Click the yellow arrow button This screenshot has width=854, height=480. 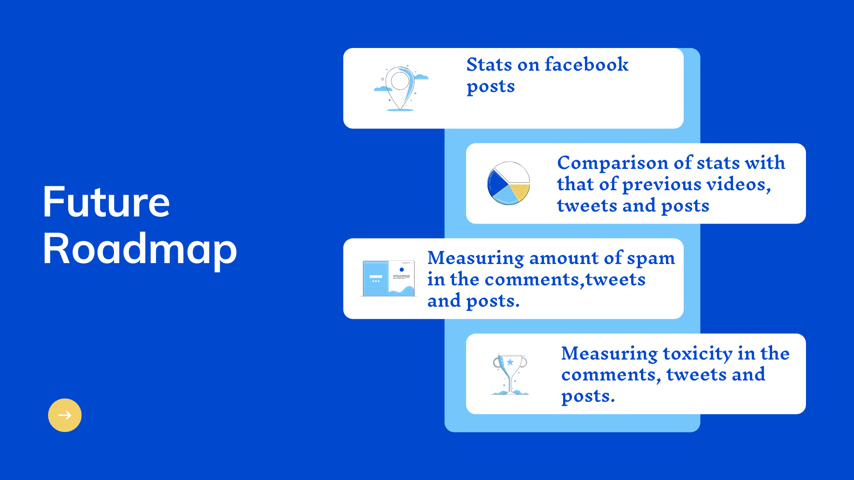64,415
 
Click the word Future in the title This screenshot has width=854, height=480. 106,202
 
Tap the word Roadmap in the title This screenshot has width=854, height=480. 140,249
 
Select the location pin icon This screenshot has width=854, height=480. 400,88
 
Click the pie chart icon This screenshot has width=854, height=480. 509,183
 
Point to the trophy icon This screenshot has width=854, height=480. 510,374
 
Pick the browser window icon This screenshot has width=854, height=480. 388,278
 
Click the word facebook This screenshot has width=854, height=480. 587,64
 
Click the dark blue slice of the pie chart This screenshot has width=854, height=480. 496,183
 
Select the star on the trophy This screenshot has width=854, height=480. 510,362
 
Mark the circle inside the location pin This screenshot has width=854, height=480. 400,81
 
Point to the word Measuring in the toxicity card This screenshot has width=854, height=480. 609,354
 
